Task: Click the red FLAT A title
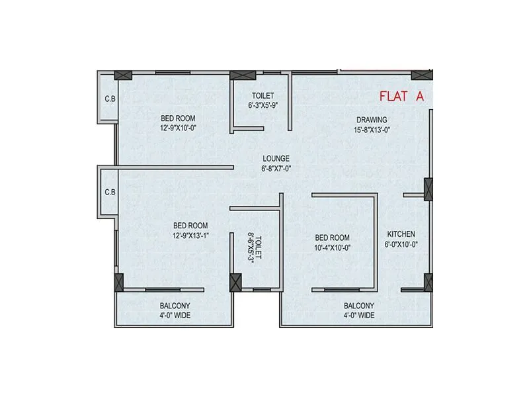(x=401, y=96)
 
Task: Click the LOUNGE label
(x=276, y=158)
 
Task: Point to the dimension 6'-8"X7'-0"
(x=276, y=168)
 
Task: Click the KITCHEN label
(x=401, y=234)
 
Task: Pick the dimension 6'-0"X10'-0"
(x=401, y=244)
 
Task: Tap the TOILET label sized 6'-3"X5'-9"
(x=263, y=96)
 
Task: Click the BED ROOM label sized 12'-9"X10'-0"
(x=179, y=118)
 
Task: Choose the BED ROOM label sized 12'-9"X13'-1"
(x=190, y=226)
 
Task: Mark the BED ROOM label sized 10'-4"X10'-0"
(x=332, y=238)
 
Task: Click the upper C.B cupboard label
(x=110, y=100)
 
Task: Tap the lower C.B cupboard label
(x=110, y=193)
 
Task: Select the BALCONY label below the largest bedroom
(x=175, y=306)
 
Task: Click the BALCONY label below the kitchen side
(x=358, y=306)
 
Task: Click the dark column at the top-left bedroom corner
(x=123, y=75)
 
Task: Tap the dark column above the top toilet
(x=237, y=75)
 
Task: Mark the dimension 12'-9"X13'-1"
(x=190, y=236)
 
